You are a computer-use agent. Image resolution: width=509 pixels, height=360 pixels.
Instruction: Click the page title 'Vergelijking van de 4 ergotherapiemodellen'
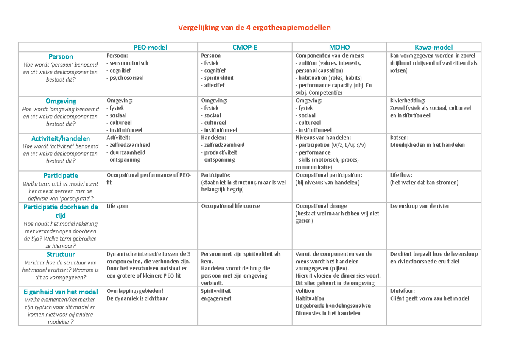coord(254,28)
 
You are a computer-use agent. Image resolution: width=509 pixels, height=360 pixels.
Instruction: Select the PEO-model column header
coord(151,47)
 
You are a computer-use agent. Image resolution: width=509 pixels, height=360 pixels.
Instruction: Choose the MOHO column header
coord(339,47)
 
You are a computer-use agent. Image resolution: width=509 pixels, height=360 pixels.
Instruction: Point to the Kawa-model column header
coord(433,47)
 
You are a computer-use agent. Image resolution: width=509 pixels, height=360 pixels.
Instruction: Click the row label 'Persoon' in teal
coord(61,56)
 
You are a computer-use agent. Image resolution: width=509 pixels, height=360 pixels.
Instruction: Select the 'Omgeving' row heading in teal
coord(61,101)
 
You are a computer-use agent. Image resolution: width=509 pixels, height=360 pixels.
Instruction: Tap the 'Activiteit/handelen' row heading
coord(61,138)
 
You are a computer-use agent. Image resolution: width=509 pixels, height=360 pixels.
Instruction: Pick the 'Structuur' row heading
coord(61,254)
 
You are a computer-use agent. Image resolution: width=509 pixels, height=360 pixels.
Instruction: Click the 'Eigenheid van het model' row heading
coord(61,292)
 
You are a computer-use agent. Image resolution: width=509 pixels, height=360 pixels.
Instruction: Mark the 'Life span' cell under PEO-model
coord(117,206)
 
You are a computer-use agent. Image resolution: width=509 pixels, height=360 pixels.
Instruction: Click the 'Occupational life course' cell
coord(230,206)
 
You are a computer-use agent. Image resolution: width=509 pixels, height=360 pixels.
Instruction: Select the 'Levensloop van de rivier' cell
coord(420,206)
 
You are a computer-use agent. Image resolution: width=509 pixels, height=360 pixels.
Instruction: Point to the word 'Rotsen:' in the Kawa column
coord(400,138)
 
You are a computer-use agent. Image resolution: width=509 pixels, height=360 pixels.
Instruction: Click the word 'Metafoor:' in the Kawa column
coord(403,291)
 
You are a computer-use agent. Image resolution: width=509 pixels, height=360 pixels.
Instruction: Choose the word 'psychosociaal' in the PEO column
coord(126,78)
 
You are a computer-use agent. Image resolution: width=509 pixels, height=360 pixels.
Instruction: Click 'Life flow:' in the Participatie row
coord(401,175)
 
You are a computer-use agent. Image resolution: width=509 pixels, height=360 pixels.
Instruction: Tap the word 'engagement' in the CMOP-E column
coord(216,298)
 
